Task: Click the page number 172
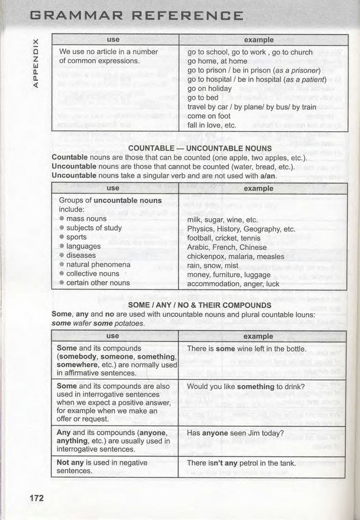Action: [37, 498]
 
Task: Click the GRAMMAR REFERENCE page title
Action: [137, 15]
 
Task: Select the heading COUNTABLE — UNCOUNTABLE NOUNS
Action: [200, 149]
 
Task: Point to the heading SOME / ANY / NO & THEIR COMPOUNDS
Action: [200, 305]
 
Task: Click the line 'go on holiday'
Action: [209, 88]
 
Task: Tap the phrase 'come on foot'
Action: [209, 116]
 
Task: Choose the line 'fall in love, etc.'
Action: [212, 125]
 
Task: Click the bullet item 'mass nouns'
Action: [86, 219]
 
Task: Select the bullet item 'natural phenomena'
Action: [98, 264]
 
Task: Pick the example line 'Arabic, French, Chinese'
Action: [227, 247]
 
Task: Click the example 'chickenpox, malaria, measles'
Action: [236, 256]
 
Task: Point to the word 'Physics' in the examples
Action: [200, 229]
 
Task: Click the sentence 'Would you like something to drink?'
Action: [246, 386]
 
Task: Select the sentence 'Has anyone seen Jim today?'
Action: [235, 433]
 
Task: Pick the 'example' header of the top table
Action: [259, 40]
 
